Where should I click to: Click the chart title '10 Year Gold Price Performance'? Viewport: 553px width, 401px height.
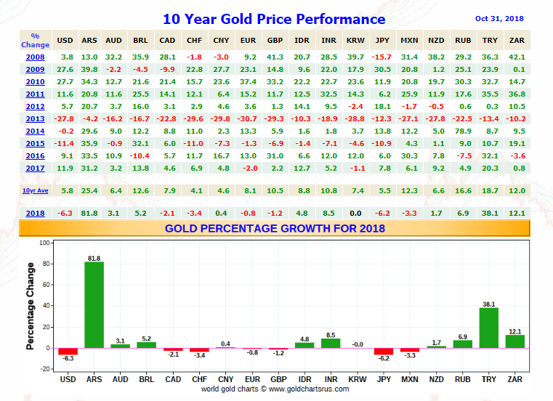pos(274,20)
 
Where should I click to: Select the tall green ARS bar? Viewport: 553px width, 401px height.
pos(94,304)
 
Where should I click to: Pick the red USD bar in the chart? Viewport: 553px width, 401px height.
pos(68,351)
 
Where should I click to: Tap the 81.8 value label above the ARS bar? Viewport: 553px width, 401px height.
pos(94,257)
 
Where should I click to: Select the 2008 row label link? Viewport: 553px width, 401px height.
pos(35,56)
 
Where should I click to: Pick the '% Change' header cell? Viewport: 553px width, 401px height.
pos(36,40)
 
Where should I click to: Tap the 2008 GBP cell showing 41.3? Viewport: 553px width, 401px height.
pos(275,56)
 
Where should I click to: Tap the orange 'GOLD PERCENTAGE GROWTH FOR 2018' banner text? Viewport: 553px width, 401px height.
pos(274,228)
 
